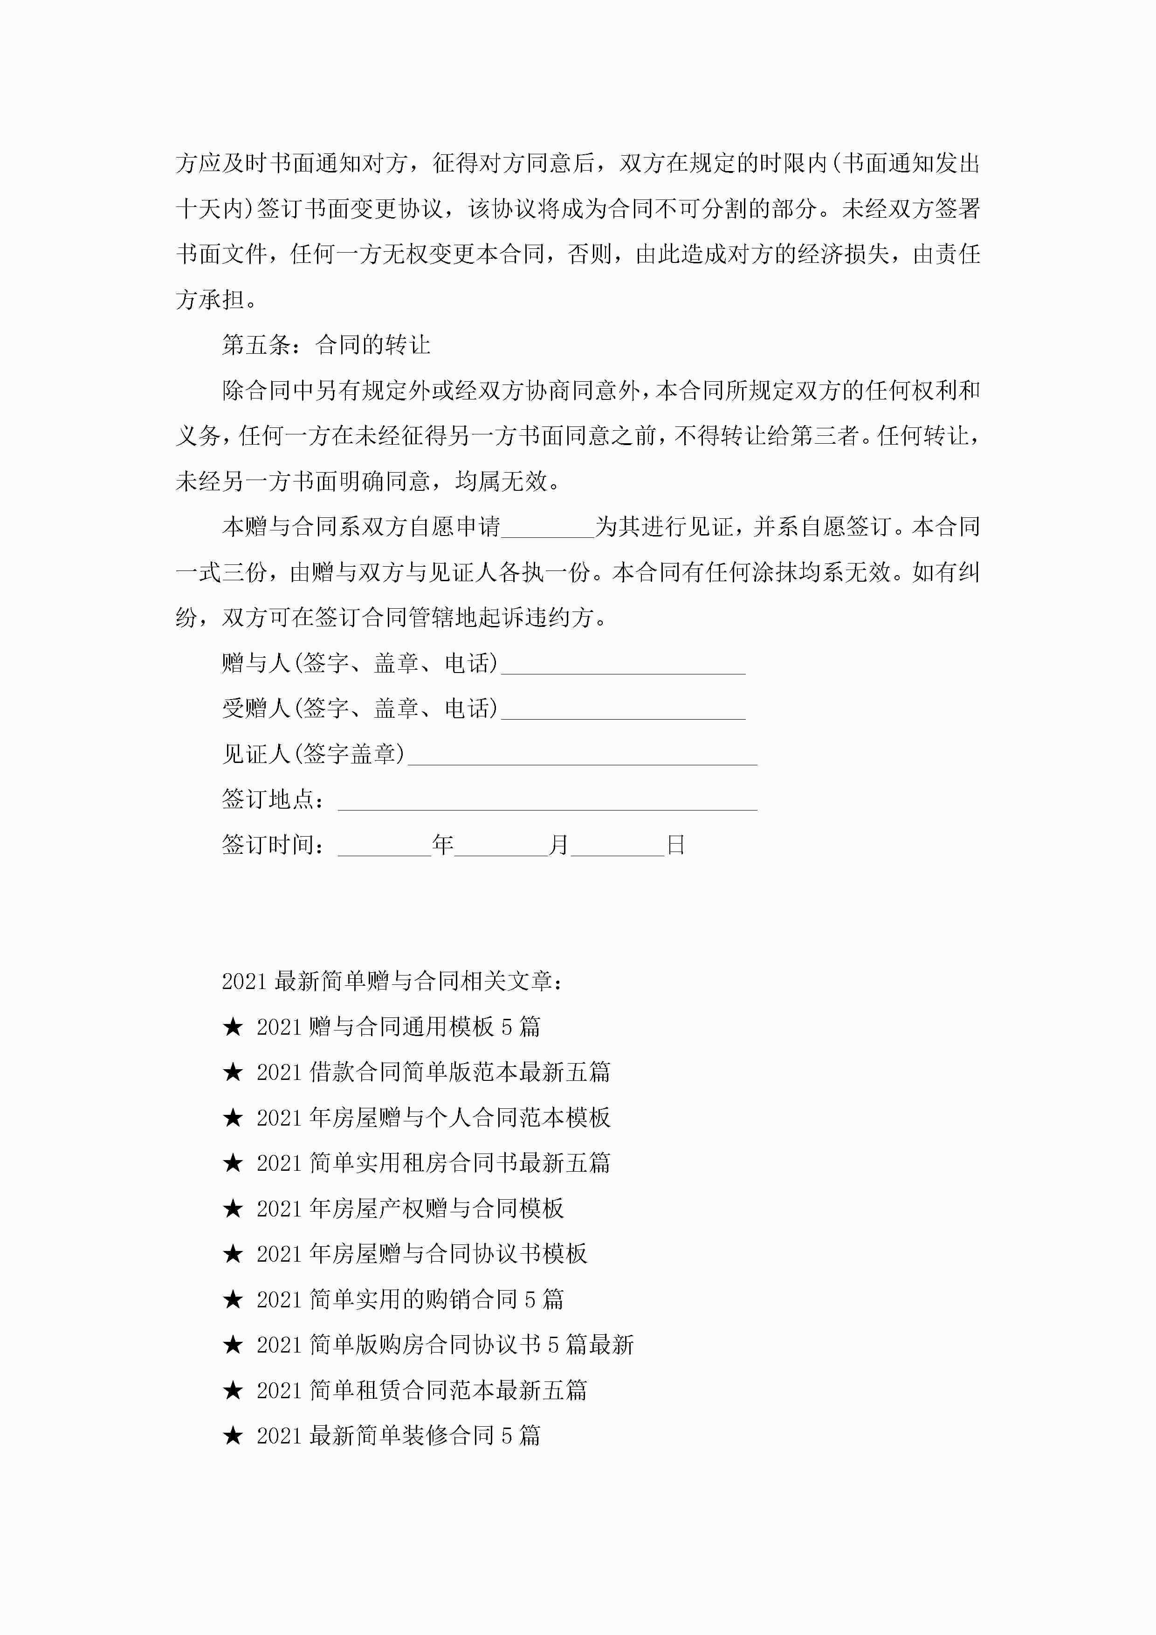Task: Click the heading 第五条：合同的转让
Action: pyautogui.click(x=326, y=345)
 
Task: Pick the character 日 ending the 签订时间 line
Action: pyautogui.click(x=675, y=845)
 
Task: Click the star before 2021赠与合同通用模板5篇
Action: pyautogui.click(x=233, y=1027)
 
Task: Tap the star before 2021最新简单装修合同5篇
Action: pyautogui.click(x=233, y=1436)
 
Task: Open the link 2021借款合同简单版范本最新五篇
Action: pyautogui.click(x=433, y=1072)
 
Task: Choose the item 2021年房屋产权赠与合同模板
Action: pyautogui.click(x=410, y=1209)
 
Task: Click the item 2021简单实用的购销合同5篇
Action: pyautogui.click(x=410, y=1299)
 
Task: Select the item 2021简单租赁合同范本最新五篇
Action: pyautogui.click(x=422, y=1390)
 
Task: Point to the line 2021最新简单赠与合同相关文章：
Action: pyautogui.click(x=393, y=981)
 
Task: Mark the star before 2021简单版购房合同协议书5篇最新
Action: pyautogui.click(x=233, y=1345)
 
